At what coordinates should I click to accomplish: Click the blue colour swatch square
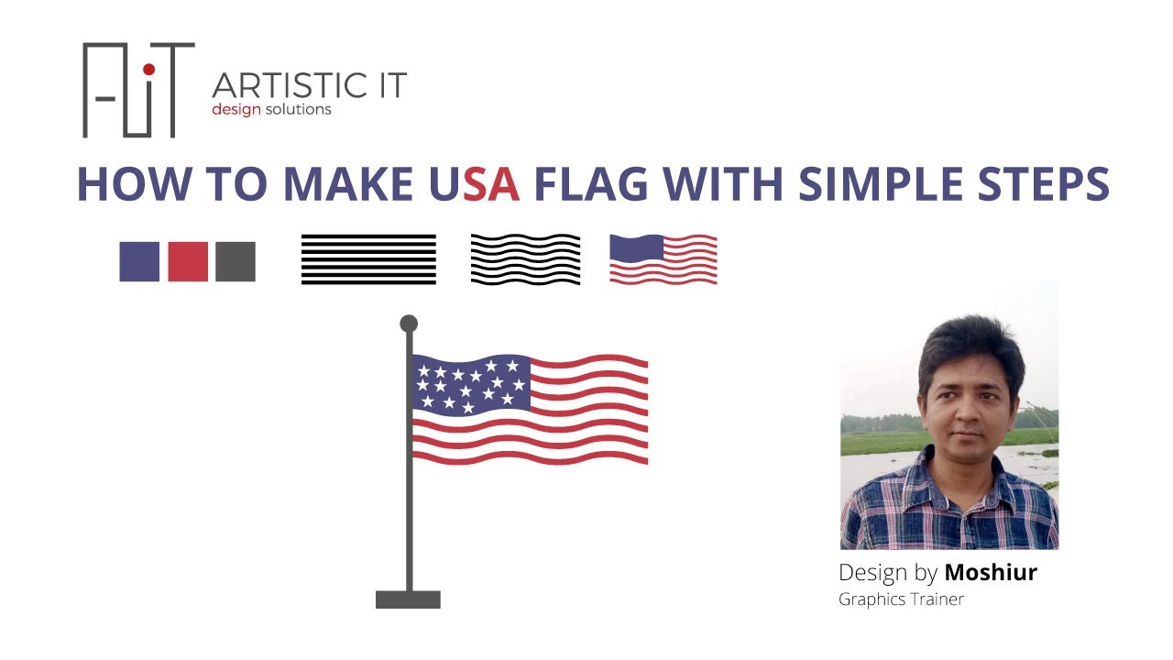coord(139,261)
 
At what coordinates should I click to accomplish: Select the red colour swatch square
coord(188,261)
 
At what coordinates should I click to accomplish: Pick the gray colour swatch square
coord(236,261)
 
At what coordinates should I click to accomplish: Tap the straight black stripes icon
coord(368,259)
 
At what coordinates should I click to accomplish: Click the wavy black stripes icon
coord(525,258)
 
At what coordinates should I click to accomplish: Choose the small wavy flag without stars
coord(663,258)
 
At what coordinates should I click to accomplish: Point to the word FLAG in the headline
coord(592,184)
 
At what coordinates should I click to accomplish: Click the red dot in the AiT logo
coord(149,71)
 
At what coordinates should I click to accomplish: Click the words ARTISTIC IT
coord(309,86)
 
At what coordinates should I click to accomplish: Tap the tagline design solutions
coord(271,110)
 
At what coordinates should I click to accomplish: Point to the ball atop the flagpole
coord(409,324)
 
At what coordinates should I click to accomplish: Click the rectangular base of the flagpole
coord(408,599)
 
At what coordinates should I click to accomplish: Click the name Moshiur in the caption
coord(991,573)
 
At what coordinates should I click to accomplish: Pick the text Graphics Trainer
coord(901,599)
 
